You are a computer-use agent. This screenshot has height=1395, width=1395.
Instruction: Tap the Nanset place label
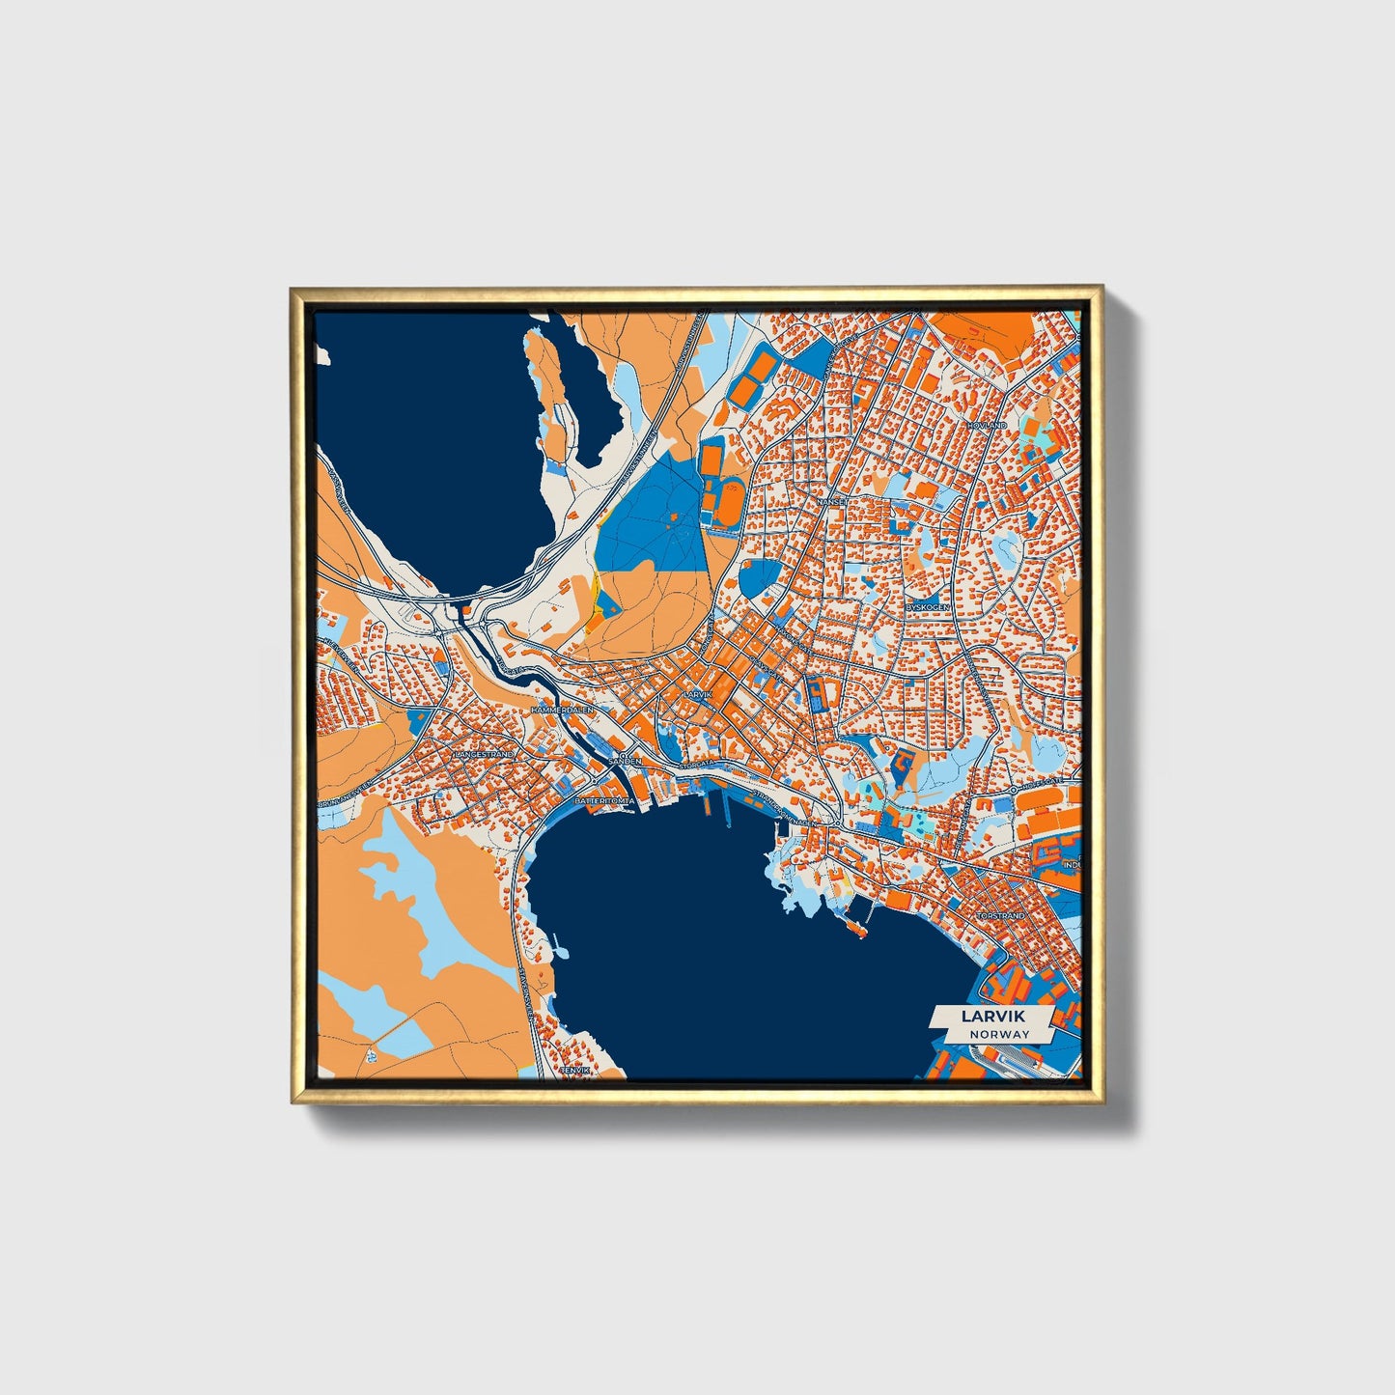[x=832, y=502]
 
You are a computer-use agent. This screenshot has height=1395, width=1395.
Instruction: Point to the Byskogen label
[x=929, y=606]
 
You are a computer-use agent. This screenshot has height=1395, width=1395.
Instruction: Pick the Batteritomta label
[x=604, y=801]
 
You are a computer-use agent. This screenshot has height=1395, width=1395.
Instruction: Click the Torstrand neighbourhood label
[x=1000, y=915]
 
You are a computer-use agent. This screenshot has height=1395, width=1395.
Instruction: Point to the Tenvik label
[x=573, y=1070]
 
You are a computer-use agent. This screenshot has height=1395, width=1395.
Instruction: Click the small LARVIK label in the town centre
[x=696, y=695]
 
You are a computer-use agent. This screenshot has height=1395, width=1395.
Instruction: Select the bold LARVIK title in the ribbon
[x=992, y=1016]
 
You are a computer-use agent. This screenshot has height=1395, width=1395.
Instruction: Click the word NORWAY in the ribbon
[x=1000, y=1034]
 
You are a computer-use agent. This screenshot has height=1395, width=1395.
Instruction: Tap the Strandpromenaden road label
[x=786, y=809]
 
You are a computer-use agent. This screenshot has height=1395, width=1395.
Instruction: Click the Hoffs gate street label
[x=1043, y=780]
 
